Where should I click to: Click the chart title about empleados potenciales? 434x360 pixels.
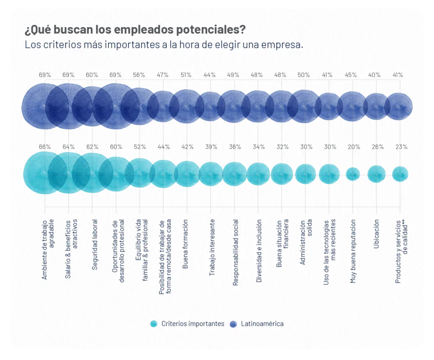click(135, 30)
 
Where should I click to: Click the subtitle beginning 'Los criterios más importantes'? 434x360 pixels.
click(164, 44)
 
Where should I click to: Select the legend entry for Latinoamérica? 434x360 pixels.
click(262, 324)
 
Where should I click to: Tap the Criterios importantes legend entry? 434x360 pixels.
click(192, 324)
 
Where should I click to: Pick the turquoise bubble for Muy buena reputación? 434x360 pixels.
click(353, 174)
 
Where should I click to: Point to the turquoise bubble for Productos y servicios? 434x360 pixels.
click(400, 174)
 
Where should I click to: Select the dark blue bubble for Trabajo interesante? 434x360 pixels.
click(211, 106)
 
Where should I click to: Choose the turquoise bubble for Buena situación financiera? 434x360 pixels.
click(282, 174)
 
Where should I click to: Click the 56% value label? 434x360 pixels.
click(139, 75)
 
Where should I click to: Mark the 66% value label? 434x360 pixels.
click(45, 147)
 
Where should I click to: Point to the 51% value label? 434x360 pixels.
click(186, 75)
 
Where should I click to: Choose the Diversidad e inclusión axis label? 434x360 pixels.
click(259, 251)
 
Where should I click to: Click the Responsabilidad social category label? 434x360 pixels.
click(236, 252)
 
